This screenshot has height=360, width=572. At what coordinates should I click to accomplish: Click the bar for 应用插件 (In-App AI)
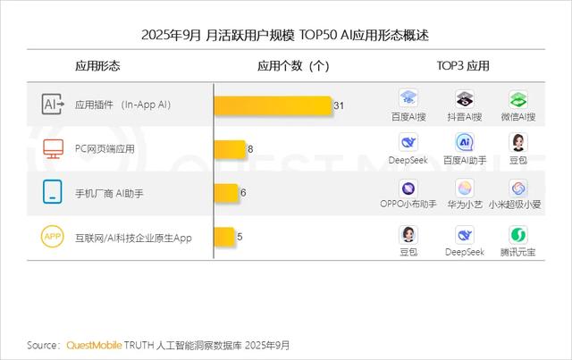pyautogui.click(x=273, y=105)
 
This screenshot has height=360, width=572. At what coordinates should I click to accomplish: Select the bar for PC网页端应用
pyautogui.click(x=231, y=149)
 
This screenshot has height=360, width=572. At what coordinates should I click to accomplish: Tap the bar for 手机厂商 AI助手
pyautogui.click(x=227, y=193)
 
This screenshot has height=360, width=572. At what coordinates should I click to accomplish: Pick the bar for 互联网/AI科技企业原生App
pyautogui.click(x=225, y=237)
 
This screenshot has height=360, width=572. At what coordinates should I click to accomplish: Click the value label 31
pyautogui.click(x=339, y=105)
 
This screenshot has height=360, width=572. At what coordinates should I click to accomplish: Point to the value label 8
pyautogui.click(x=250, y=149)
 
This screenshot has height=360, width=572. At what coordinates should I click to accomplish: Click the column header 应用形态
pyautogui.click(x=97, y=66)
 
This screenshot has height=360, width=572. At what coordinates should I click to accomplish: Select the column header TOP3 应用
pyautogui.click(x=462, y=66)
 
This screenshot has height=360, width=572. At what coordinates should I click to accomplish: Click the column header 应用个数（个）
pyautogui.click(x=293, y=66)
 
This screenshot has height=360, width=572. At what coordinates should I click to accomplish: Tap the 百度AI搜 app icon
pyautogui.click(x=408, y=98)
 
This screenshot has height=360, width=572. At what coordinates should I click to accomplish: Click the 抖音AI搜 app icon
pyautogui.click(x=464, y=98)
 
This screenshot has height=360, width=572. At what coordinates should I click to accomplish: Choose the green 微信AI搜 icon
pyautogui.click(x=518, y=98)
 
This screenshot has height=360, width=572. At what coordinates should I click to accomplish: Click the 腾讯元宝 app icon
pyautogui.click(x=518, y=235)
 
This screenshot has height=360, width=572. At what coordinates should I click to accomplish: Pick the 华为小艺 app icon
pyautogui.click(x=465, y=188)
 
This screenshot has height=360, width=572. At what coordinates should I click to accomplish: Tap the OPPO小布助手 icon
pyautogui.click(x=408, y=188)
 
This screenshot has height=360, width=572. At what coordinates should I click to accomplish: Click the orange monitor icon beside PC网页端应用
pyautogui.click(x=53, y=149)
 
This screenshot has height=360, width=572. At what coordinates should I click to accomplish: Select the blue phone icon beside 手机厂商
pyautogui.click(x=53, y=192)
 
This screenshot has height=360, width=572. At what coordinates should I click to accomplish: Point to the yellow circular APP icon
pyautogui.click(x=53, y=237)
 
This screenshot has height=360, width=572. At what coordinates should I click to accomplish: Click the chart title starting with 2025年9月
pyautogui.click(x=285, y=35)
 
